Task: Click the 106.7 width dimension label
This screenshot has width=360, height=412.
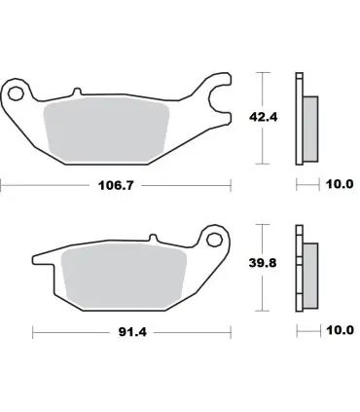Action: tap(116, 185)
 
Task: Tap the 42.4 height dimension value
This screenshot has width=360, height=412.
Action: tap(263, 117)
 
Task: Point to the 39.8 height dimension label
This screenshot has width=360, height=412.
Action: tap(263, 263)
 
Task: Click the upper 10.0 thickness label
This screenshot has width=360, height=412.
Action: tap(340, 184)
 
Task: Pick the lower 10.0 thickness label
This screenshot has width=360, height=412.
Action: tap(340, 330)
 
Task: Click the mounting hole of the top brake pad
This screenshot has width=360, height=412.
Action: tap(16, 94)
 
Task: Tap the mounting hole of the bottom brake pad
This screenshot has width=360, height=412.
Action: tap(213, 240)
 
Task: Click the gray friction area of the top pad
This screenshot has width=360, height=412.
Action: tap(106, 130)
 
